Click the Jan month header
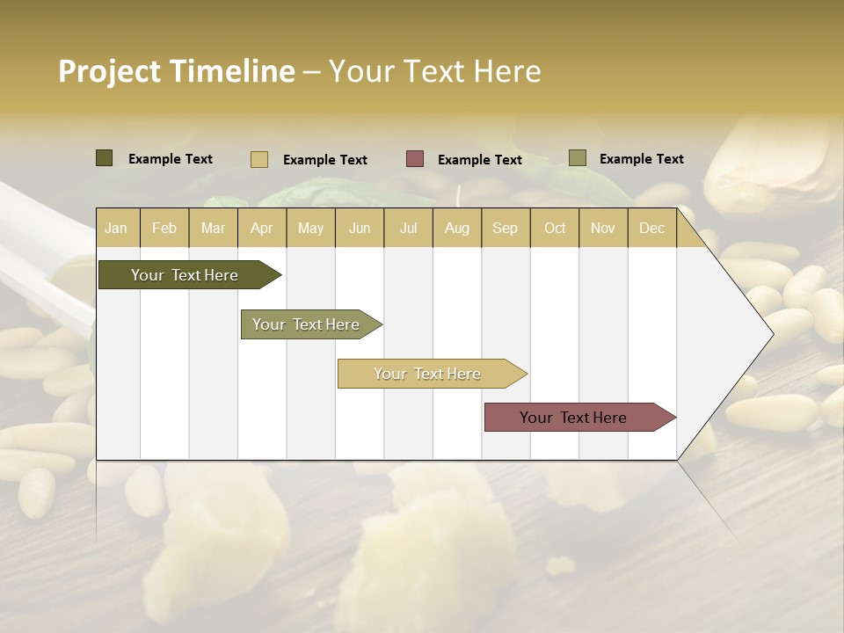coord(116,228)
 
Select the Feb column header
coord(164,228)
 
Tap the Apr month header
coord(261,228)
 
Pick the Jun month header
coord(360,228)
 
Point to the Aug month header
coord(456,228)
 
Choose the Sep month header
coord(505,228)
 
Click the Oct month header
coord(555,228)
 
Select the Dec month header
coord(651,228)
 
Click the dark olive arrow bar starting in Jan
coord(185,275)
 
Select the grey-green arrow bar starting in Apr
coord(306,324)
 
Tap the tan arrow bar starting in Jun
coord(427,374)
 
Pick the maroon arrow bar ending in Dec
coord(573,418)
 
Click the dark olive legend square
coord(105,158)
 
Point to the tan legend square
coord(259,159)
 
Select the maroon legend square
coord(415,159)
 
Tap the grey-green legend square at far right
coord(578,158)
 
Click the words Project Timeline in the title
coord(176,71)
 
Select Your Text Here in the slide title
coord(434,71)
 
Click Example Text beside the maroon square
coord(479,160)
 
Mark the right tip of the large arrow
coord(772,334)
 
